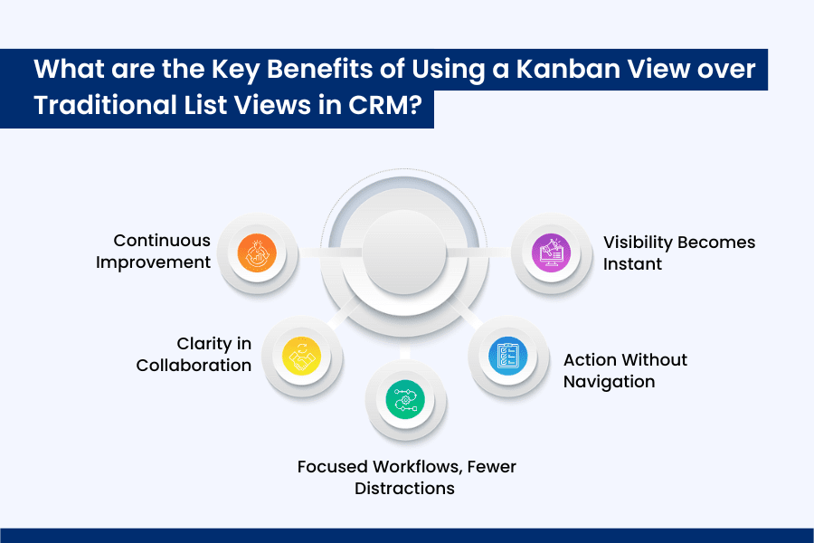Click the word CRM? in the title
pos(382,105)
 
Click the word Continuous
pos(162,241)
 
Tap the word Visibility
pos(638,243)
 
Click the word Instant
pos(633,264)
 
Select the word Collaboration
pos(194,366)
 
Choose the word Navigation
pos(609,381)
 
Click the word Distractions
pos(404,489)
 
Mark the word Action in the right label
pos(590,359)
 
